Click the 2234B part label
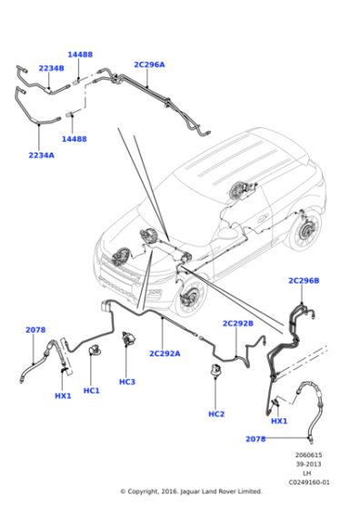pyautogui.click(x=51, y=68)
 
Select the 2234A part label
pyautogui.click(x=41, y=155)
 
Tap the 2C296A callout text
pyautogui.click(x=149, y=65)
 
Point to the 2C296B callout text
pyautogui.click(x=304, y=281)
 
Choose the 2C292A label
pyautogui.click(x=165, y=353)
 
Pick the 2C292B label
pyautogui.click(x=238, y=323)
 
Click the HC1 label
pyautogui.click(x=92, y=391)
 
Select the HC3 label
pyautogui.click(x=126, y=382)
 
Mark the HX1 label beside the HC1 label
pyautogui.click(x=62, y=395)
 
